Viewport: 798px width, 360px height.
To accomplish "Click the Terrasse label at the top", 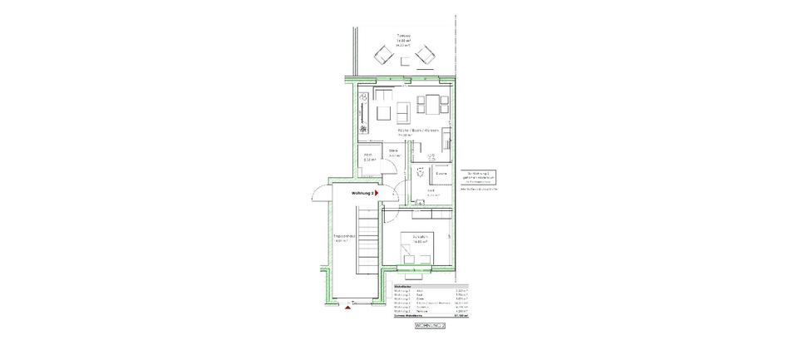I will (404, 35).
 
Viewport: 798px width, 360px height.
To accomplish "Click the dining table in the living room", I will (433, 104).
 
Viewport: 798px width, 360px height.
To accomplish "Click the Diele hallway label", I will (394, 150).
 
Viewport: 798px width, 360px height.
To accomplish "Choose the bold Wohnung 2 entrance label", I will (359, 192).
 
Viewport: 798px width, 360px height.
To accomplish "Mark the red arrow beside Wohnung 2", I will (376, 192).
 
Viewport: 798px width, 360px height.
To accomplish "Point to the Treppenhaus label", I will (344, 240).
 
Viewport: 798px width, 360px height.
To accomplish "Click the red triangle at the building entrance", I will (347, 308).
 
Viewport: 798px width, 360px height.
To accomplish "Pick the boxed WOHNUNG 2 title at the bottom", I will (430, 328).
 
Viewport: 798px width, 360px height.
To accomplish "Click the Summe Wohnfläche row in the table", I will (430, 317).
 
